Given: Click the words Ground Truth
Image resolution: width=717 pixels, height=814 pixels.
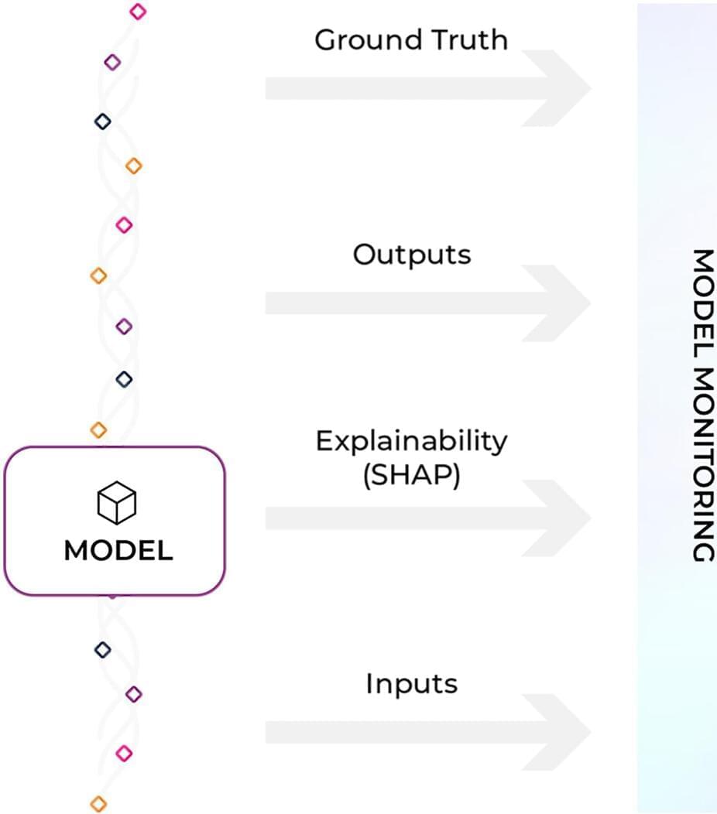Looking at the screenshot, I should [411, 40].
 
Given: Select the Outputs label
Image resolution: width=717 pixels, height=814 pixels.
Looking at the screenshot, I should [412, 255].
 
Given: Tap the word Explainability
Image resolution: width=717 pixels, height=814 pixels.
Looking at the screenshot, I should [411, 442].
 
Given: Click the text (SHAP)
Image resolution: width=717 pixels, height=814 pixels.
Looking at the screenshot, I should [411, 476].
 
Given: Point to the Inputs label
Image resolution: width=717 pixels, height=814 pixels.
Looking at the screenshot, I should [411, 684].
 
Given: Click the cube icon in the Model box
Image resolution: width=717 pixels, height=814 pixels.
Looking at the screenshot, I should [116, 502].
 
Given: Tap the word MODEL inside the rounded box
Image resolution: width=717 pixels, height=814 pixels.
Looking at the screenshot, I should [118, 551].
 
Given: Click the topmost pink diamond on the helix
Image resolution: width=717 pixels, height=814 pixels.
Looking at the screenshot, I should [138, 11].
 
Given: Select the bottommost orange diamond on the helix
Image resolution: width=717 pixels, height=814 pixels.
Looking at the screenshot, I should [98, 803].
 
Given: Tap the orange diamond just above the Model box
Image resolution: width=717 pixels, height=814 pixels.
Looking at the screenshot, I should [98, 429].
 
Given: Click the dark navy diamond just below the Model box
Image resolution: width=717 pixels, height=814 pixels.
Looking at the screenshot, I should [102, 649].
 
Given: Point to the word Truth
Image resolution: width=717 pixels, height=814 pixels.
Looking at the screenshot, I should [469, 40].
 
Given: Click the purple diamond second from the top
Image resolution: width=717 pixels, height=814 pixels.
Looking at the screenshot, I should [112, 61].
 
